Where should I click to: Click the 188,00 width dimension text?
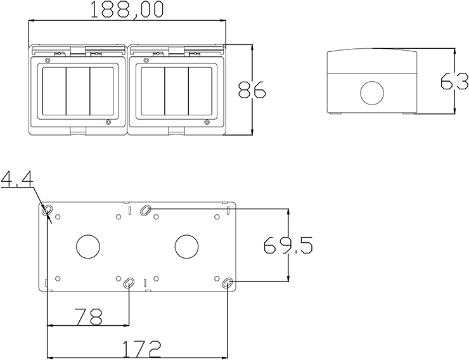point(127,10)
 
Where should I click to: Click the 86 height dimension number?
point(252,89)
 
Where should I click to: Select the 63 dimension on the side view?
point(454,80)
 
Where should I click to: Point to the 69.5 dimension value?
point(288,245)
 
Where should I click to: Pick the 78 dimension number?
point(89,317)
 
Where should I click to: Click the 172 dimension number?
point(142,349)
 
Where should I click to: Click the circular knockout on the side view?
point(372,93)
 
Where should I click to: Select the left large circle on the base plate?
point(88,247)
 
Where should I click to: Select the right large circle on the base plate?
point(186,247)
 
